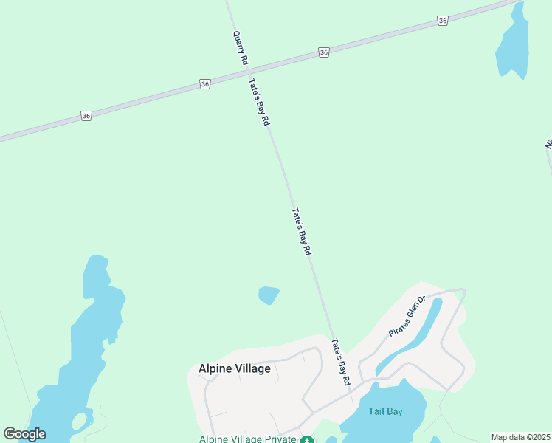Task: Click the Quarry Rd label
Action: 240,49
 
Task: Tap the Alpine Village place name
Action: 235,368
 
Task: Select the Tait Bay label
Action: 383,411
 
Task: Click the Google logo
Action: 25,434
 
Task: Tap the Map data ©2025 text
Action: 520,437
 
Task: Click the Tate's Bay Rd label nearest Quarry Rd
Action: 258,103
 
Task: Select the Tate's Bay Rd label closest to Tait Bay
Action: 340,362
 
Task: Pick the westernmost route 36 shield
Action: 86,116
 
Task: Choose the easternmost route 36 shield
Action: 442,21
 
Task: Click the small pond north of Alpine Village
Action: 269,295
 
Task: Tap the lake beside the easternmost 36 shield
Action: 514,44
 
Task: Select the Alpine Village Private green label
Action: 246,439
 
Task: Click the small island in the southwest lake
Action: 79,422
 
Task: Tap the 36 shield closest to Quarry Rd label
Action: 205,85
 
